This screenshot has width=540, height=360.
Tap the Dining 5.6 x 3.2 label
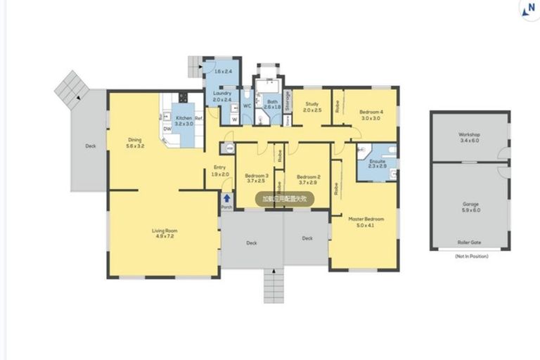pyautogui.click(x=135, y=143)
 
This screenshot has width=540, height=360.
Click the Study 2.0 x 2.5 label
pyautogui.click(x=311, y=108)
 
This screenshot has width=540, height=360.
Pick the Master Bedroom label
pyautogui.click(x=364, y=222)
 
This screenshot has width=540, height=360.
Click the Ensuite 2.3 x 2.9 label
pyautogui.click(x=378, y=163)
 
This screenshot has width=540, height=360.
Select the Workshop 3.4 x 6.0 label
pyautogui.click(x=469, y=136)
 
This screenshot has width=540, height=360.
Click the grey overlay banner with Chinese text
pyautogui.click(x=284, y=199)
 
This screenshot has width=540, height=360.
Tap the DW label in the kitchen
pyautogui.click(x=167, y=129)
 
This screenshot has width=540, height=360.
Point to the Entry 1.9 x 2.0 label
pyautogui.click(x=220, y=171)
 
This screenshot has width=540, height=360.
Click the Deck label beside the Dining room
pyautogui.click(x=90, y=146)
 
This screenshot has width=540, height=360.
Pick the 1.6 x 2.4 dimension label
pyautogui.click(x=222, y=72)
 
